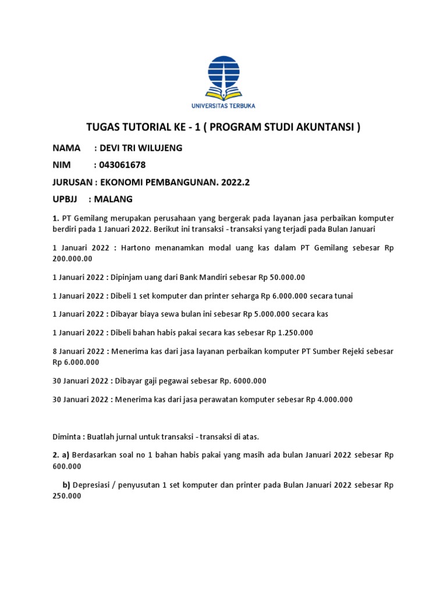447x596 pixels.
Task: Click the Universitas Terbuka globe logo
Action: point(223,76)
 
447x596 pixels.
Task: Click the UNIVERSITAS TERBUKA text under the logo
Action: point(223,105)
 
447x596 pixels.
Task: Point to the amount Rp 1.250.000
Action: point(290,333)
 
